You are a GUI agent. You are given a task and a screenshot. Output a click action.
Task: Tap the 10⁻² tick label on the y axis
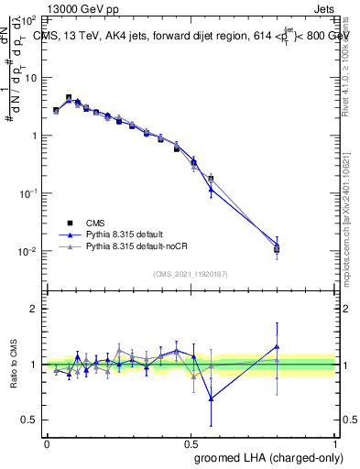(x=28, y=251)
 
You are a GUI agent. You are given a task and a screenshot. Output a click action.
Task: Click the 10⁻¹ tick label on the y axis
(x=28, y=193)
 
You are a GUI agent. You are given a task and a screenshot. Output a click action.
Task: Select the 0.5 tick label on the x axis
(x=191, y=442)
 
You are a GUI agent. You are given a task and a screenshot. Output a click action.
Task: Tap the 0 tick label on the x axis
(x=47, y=442)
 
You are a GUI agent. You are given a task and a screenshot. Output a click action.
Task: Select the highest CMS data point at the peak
(x=69, y=97)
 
